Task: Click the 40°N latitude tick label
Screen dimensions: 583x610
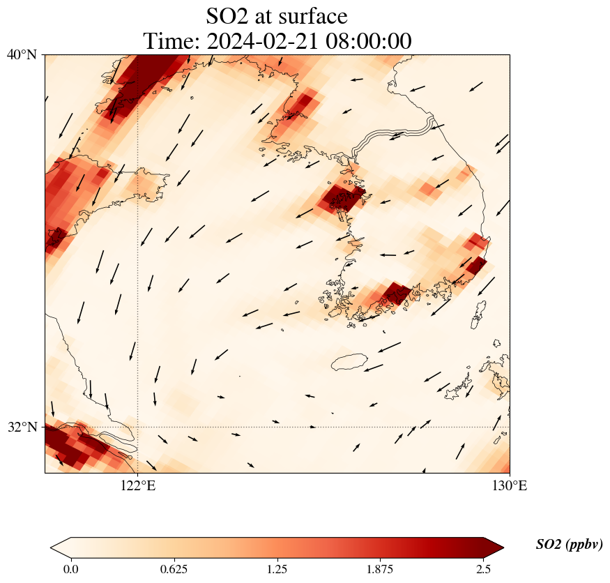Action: tap(22, 54)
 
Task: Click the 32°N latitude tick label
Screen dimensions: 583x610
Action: tap(22, 427)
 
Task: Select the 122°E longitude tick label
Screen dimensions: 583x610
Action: tap(138, 485)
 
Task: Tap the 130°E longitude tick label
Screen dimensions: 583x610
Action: tap(510, 485)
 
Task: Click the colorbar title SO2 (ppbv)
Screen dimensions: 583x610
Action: tap(569, 545)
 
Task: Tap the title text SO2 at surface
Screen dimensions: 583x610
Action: tap(277, 15)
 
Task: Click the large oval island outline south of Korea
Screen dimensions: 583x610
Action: tap(349, 362)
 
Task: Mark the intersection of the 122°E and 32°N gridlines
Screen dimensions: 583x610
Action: tap(138, 427)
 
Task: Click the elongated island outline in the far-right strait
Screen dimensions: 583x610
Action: tap(479, 315)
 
